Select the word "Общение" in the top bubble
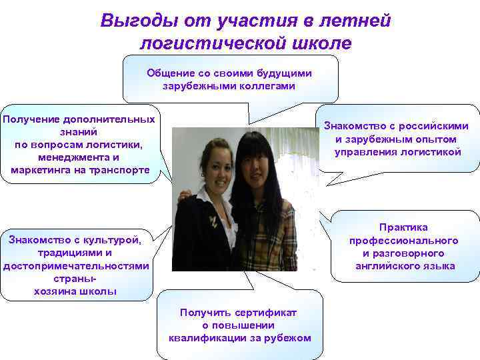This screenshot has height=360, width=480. click(x=171, y=73)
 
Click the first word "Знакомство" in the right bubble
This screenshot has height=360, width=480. click(x=355, y=126)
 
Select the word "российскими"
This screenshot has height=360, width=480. click(x=434, y=126)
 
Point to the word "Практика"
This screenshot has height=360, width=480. click(x=403, y=227)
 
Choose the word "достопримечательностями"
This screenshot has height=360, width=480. click(x=76, y=266)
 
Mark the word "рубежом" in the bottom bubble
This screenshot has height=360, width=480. click(x=288, y=338)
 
